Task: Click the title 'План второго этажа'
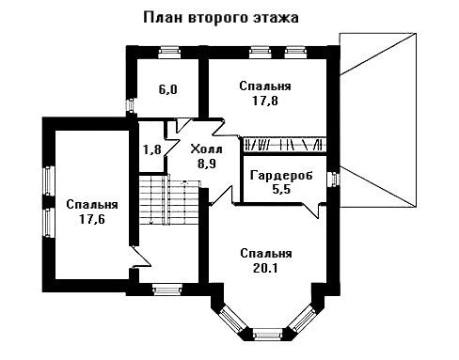[x=221, y=18]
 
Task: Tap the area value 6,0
[x=167, y=90]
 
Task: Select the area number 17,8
[x=265, y=101]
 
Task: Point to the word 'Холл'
[x=207, y=149]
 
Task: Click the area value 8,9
[x=207, y=164]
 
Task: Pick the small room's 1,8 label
[x=152, y=149]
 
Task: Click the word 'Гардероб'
[x=281, y=175]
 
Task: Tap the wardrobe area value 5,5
[x=281, y=189]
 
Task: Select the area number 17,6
[x=92, y=219]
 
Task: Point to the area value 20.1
[x=265, y=268]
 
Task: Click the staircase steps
[x=169, y=199]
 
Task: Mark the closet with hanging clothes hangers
[x=285, y=145]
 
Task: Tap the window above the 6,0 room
[x=169, y=52]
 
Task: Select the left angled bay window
[x=231, y=320]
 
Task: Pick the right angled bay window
[x=302, y=320]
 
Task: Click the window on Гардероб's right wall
[x=333, y=180]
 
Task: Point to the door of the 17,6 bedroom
[x=140, y=257]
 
